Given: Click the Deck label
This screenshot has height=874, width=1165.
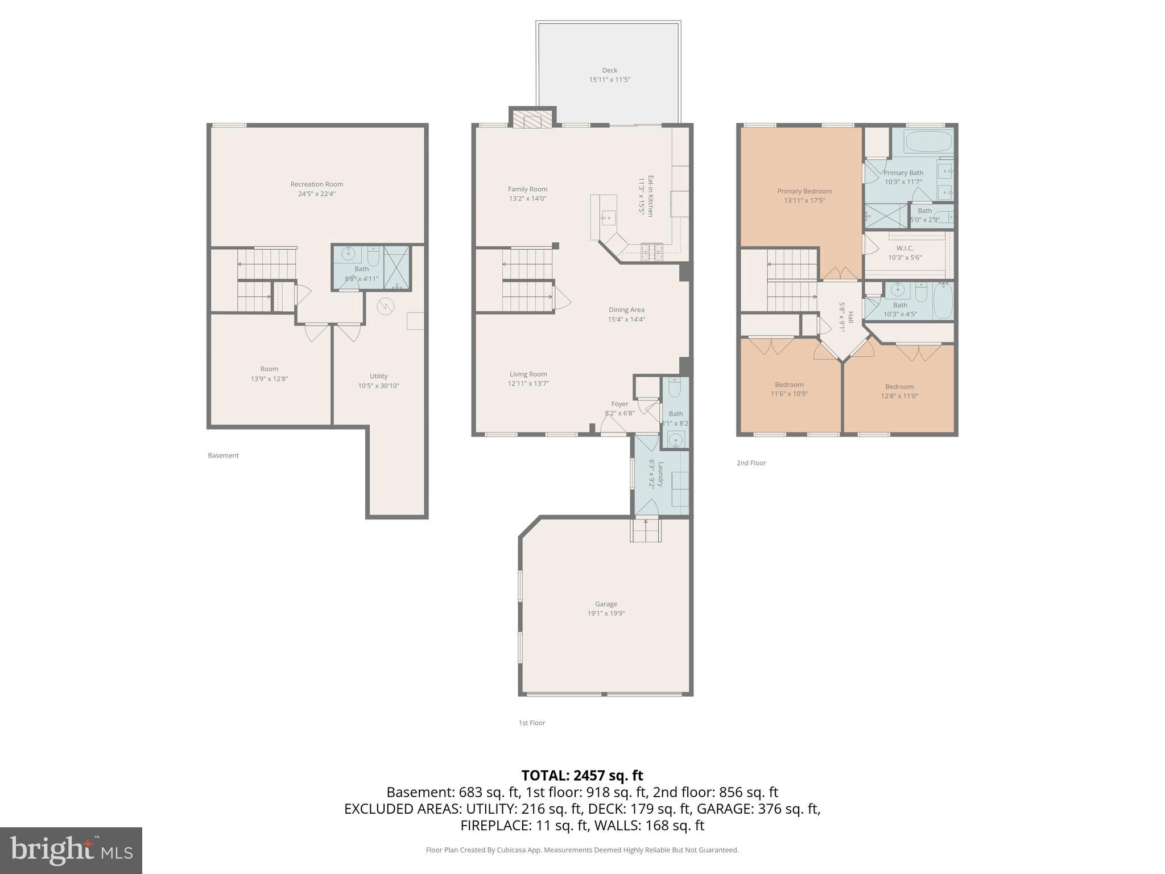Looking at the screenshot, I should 609,71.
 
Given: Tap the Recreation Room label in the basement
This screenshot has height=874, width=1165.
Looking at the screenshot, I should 316,184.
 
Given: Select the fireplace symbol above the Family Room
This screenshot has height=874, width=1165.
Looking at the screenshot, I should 532,120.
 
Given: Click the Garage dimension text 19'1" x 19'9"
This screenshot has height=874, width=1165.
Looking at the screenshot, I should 606,613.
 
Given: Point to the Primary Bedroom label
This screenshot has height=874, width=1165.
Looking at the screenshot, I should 804,191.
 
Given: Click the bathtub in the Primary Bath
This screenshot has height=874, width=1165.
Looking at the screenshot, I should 928,141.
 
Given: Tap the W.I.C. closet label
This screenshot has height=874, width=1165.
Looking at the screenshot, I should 904,249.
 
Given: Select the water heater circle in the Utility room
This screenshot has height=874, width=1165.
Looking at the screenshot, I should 386,307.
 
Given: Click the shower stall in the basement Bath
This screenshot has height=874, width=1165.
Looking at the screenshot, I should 396,267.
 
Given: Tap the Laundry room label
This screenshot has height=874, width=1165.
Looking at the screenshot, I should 660,474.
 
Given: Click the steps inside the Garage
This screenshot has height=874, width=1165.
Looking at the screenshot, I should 645,530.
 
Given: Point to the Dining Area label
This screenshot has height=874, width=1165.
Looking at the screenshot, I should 626,310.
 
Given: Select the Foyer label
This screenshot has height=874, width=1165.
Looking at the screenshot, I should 619,404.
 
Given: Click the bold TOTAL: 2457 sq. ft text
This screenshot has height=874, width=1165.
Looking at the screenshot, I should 582,776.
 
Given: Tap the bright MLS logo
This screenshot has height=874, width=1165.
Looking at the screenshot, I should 71,850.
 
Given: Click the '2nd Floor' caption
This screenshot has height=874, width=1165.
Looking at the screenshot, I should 751,463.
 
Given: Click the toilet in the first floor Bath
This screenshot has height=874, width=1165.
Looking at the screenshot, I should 675,389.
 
